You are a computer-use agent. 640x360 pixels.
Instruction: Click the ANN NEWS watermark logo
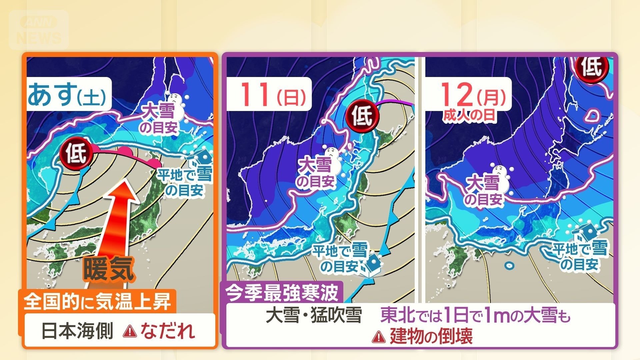coord(39,30)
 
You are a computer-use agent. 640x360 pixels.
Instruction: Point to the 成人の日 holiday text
coord(469,115)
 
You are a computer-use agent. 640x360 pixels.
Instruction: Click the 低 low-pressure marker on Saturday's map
coord(75,153)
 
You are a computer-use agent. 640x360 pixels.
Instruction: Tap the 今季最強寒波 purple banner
coord(282,293)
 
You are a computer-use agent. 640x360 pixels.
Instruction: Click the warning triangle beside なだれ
coord(130,331)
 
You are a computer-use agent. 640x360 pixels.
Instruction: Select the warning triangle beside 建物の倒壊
coord(378,337)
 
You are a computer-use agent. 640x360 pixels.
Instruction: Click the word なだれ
coord(167,331)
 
